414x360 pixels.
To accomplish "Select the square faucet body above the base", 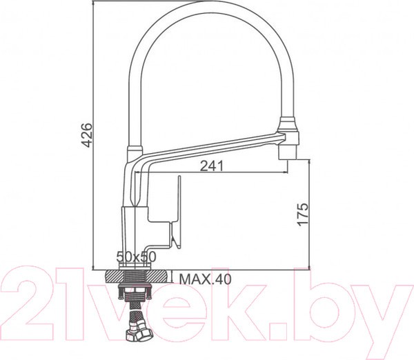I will (x=135, y=228).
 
